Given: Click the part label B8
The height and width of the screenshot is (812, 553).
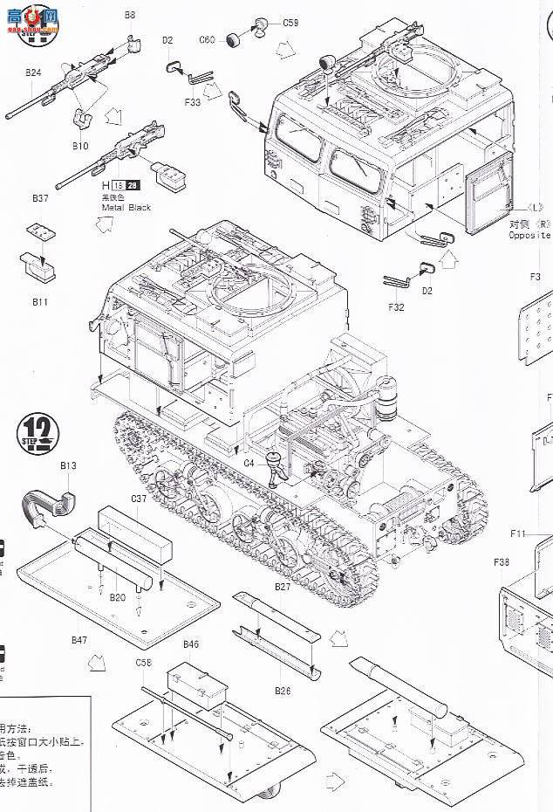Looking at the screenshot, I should (x=129, y=15).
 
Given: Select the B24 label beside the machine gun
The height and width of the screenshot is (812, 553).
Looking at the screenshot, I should (x=32, y=72).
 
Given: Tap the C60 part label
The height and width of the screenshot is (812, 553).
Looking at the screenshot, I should (x=207, y=39).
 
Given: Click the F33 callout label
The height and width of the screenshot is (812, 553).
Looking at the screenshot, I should (x=193, y=102).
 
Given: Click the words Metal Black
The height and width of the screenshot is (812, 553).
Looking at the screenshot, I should (x=126, y=207).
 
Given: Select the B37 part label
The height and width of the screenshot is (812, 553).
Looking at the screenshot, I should (x=40, y=199).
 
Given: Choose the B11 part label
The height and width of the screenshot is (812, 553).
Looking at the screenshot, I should (x=40, y=301).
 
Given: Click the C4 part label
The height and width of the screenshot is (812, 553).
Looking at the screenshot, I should (x=249, y=463).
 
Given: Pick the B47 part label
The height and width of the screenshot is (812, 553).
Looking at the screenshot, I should (x=79, y=640).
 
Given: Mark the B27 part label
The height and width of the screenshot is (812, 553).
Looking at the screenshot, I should (x=282, y=587).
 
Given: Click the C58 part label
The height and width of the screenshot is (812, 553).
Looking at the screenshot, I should (x=144, y=663).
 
